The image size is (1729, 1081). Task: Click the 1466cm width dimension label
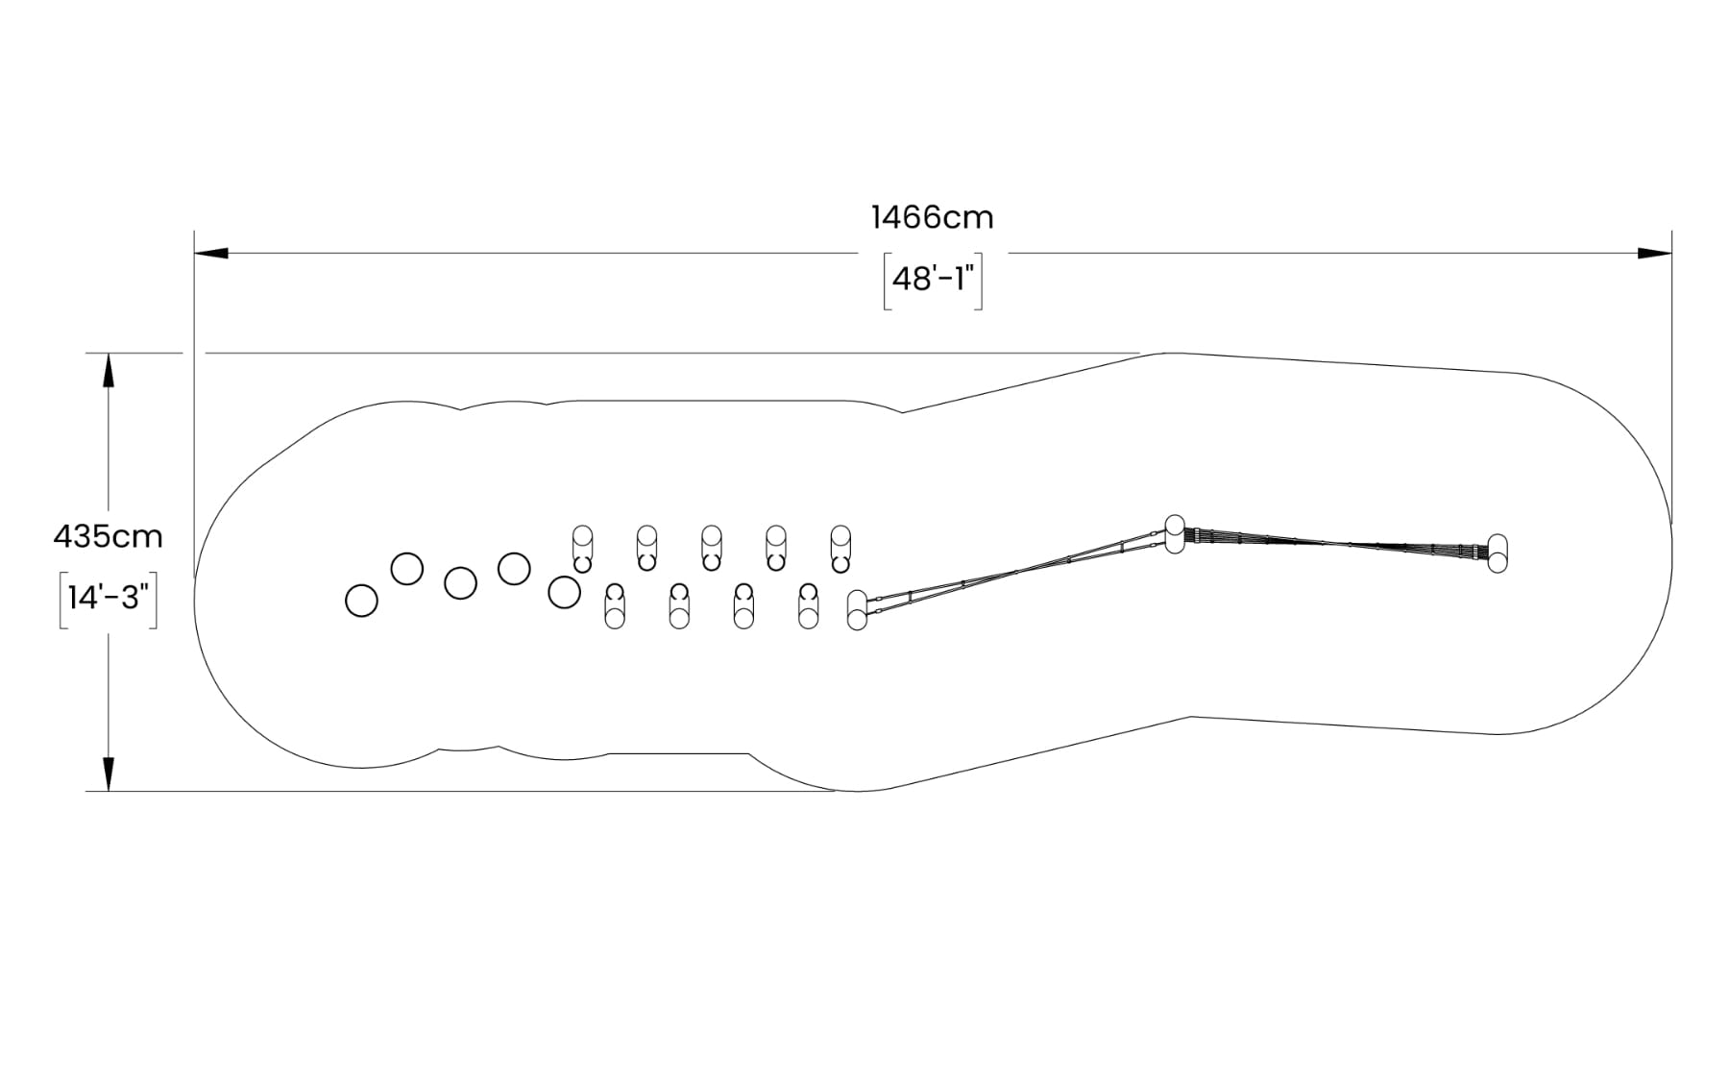point(933,217)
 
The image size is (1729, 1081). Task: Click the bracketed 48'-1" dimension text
point(933,279)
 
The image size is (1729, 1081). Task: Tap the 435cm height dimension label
point(108,536)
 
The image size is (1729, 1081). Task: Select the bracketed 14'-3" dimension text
point(108,598)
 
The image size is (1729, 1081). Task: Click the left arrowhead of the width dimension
point(211,254)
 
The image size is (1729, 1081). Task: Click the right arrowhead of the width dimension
point(1655,254)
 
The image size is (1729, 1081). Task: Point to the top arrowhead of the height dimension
point(109,371)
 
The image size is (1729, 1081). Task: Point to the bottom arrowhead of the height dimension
point(109,774)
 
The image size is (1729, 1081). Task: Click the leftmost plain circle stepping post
point(361,601)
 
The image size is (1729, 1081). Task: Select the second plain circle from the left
point(407,569)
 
